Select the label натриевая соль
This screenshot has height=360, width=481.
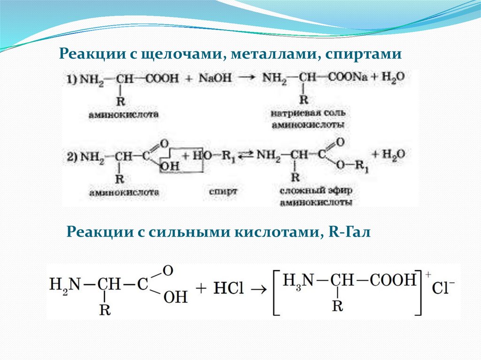[309, 114]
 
